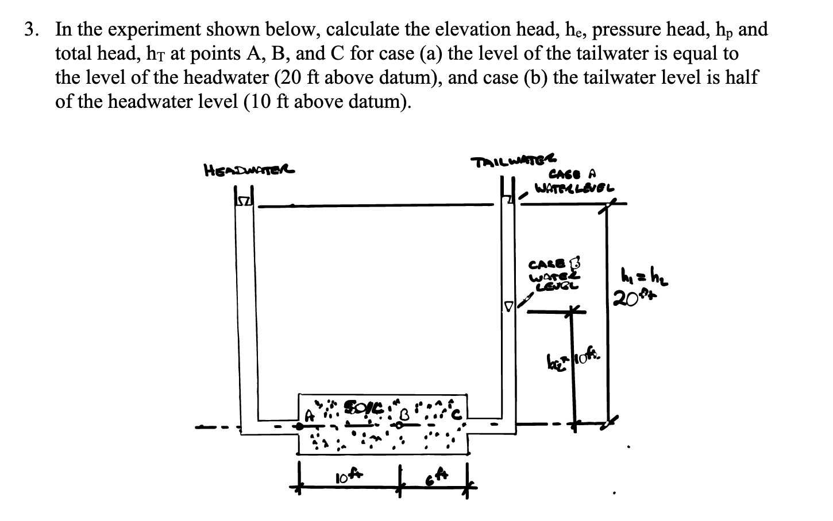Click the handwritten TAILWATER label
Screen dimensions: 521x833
coord(514,162)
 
